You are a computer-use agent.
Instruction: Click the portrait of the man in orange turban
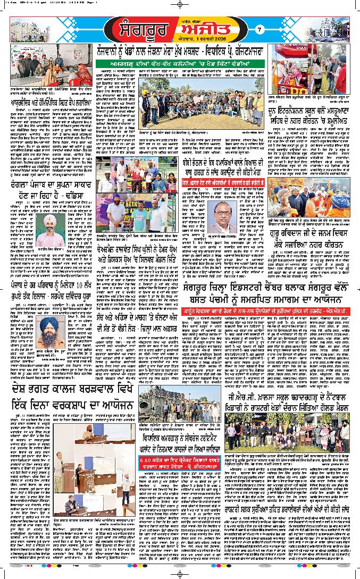pyautogui.click(x=49, y=230)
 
